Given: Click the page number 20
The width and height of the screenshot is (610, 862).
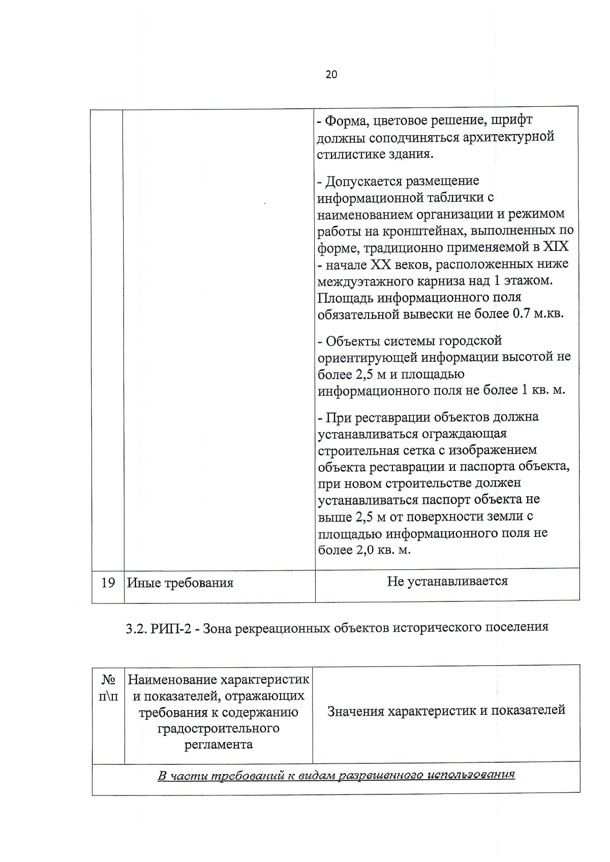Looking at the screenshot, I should pyautogui.click(x=331, y=75).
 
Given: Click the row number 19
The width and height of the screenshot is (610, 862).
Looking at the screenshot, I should pyautogui.click(x=108, y=583).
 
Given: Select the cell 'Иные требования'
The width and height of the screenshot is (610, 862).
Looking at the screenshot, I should pyautogui.click(x=180, y=583).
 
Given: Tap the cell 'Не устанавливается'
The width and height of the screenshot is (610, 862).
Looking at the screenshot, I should pyautogui.click(x=447, y=581).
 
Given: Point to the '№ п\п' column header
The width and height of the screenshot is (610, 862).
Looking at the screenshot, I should pyautogui.click(x=108, y=687).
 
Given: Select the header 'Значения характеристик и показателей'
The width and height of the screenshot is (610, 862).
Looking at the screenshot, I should pyautogui.click(x=446, y=710).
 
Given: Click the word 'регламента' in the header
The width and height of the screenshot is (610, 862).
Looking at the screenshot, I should pyautogui.click(x=218, y=745).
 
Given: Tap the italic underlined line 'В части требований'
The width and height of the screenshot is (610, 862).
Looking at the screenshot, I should pyautogui.click(x=336, y=775).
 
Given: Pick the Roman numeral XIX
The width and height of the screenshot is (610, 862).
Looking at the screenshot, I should pyautogui.click(x=556, y=247).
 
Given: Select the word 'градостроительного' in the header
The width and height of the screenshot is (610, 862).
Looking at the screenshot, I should pyautogui.click(x=218, y=728).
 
